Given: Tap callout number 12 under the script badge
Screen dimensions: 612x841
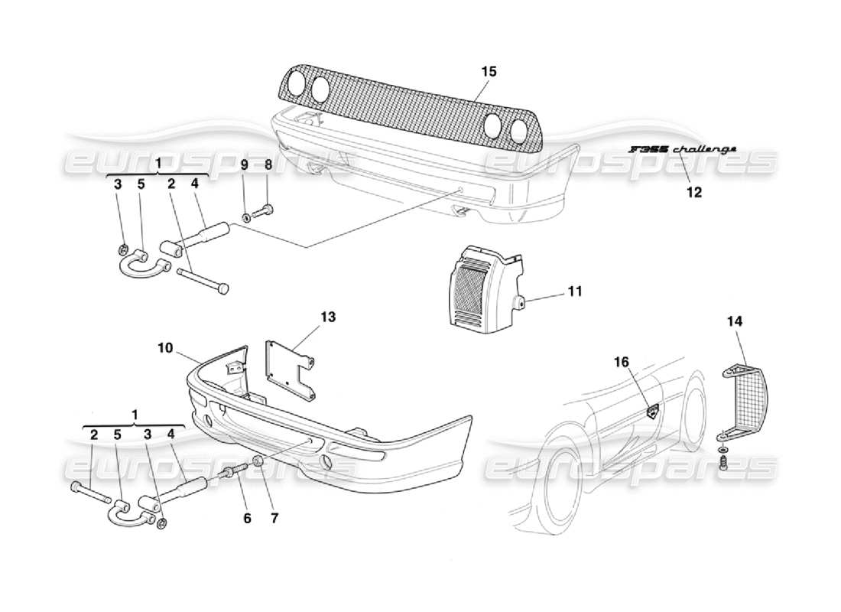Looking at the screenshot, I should pyautogui.click(x=693, y=192).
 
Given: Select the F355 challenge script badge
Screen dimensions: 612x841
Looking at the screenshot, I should pyautogui.click(x=682, y=149).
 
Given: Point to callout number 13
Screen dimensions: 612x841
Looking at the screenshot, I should pyautogui.click(x=328, y=315).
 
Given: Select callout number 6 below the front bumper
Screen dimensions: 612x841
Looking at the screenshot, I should pyautogui.click(x=247, y=518).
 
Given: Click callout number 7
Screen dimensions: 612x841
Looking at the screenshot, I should pyautogui.click(x=274, y=518).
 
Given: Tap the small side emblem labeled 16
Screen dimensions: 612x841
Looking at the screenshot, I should pyautogui.click(x=653, y=412).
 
